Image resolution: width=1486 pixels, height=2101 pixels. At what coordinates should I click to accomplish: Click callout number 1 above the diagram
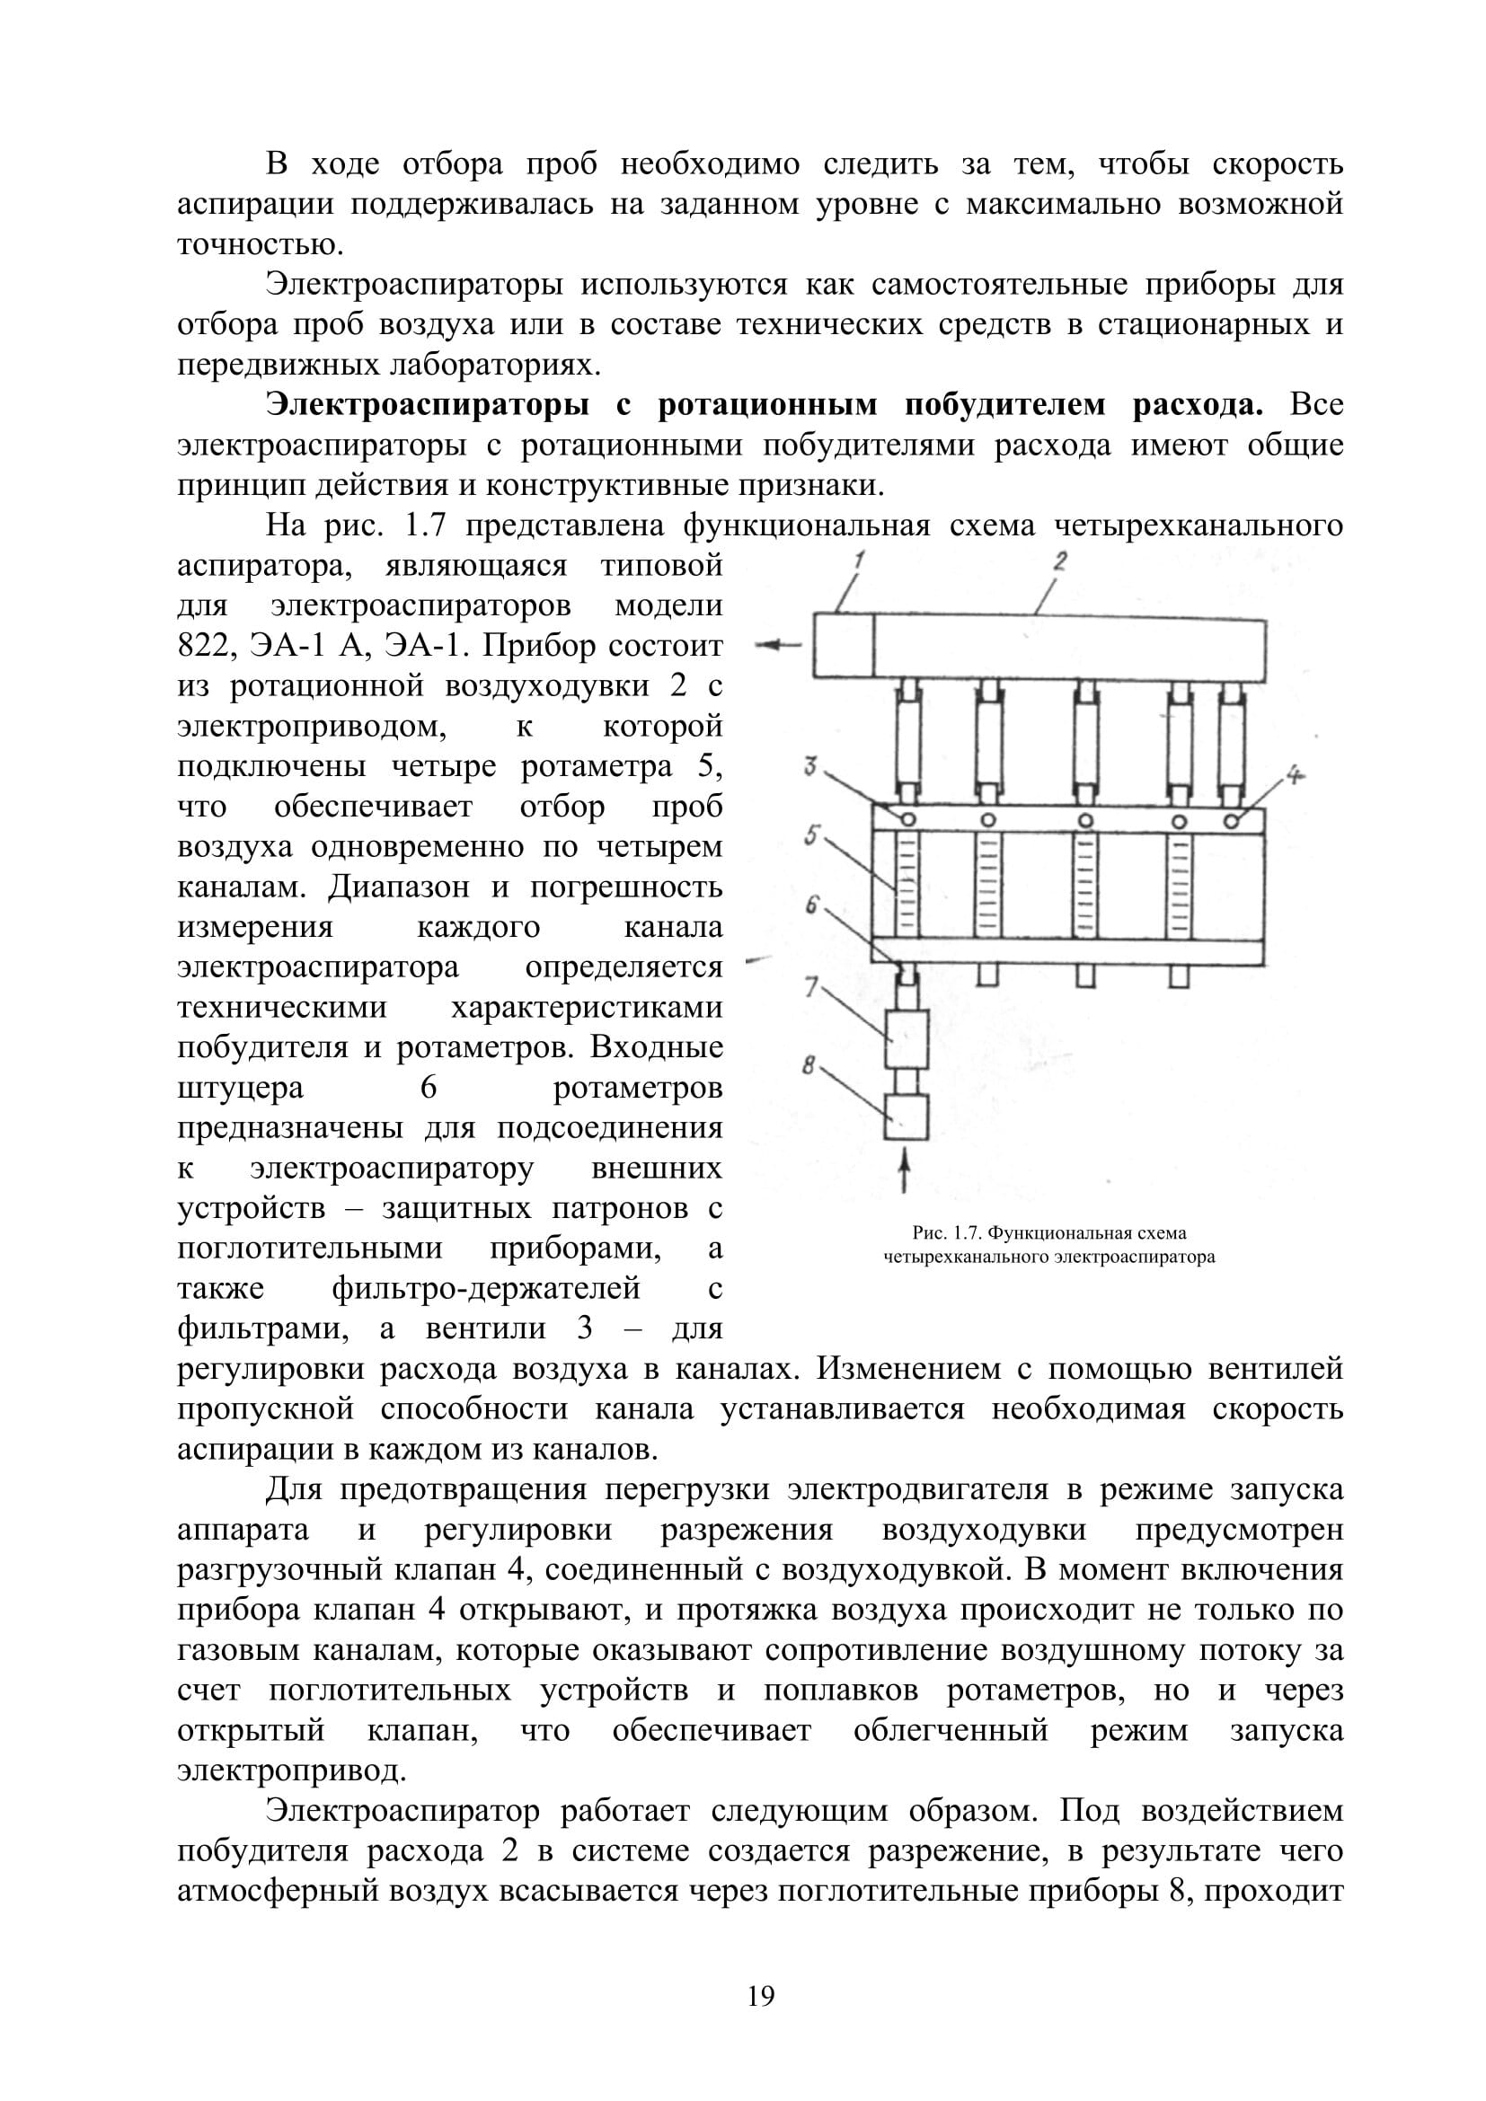[860, 560]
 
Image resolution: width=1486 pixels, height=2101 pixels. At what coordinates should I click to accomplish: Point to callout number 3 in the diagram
[810, 765]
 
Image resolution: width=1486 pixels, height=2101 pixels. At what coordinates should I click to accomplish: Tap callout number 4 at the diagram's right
[1294, 776]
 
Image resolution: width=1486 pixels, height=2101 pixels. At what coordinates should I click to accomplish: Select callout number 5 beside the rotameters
[810, 834]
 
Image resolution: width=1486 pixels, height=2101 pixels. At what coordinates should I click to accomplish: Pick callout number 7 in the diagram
[810, 986]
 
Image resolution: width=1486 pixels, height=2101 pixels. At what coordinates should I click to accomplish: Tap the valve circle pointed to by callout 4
[1232, 820]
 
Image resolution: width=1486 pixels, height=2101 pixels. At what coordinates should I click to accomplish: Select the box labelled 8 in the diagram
[906, 1117]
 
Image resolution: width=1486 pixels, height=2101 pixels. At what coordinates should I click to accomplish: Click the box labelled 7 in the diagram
[906, 1038]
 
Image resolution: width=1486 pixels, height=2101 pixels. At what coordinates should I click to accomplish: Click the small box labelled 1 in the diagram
[844, 645]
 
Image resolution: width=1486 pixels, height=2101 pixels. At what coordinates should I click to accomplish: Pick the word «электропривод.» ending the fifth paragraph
[291, 1771]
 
